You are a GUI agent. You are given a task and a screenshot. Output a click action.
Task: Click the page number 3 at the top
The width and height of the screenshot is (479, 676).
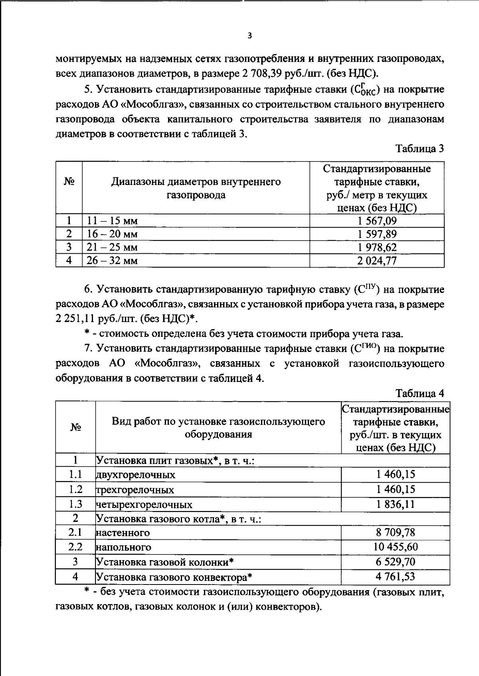249,36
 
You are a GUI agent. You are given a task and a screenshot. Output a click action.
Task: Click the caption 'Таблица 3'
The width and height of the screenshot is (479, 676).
420,149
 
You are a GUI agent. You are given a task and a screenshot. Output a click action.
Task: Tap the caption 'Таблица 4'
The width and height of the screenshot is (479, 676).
420,394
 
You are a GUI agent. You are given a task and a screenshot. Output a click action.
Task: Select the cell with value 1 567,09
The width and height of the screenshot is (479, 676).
377,221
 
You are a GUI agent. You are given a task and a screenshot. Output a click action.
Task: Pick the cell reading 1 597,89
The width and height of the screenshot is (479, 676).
377,234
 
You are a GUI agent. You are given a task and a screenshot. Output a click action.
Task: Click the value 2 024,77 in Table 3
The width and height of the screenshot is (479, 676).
377,260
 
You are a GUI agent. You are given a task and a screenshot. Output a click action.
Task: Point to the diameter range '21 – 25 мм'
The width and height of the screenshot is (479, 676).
112,247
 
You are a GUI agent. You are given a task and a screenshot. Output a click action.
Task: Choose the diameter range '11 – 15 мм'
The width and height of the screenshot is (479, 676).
112,221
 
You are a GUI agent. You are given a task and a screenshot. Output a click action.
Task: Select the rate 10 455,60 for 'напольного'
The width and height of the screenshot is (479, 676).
396,547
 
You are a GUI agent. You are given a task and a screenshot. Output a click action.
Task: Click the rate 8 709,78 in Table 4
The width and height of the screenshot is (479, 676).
396,532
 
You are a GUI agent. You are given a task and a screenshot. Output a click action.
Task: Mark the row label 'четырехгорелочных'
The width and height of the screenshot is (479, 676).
144,505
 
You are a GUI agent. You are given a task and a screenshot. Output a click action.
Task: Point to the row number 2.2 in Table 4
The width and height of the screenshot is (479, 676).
75,547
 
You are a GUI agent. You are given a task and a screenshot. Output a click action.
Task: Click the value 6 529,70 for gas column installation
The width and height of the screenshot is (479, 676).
396,562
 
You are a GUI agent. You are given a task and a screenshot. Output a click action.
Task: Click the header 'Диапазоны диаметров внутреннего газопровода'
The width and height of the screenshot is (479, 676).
196,188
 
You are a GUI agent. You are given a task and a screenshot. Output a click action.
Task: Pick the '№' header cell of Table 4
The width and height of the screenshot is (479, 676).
75,427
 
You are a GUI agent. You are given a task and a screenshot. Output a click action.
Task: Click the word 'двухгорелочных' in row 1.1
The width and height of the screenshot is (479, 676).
136,475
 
